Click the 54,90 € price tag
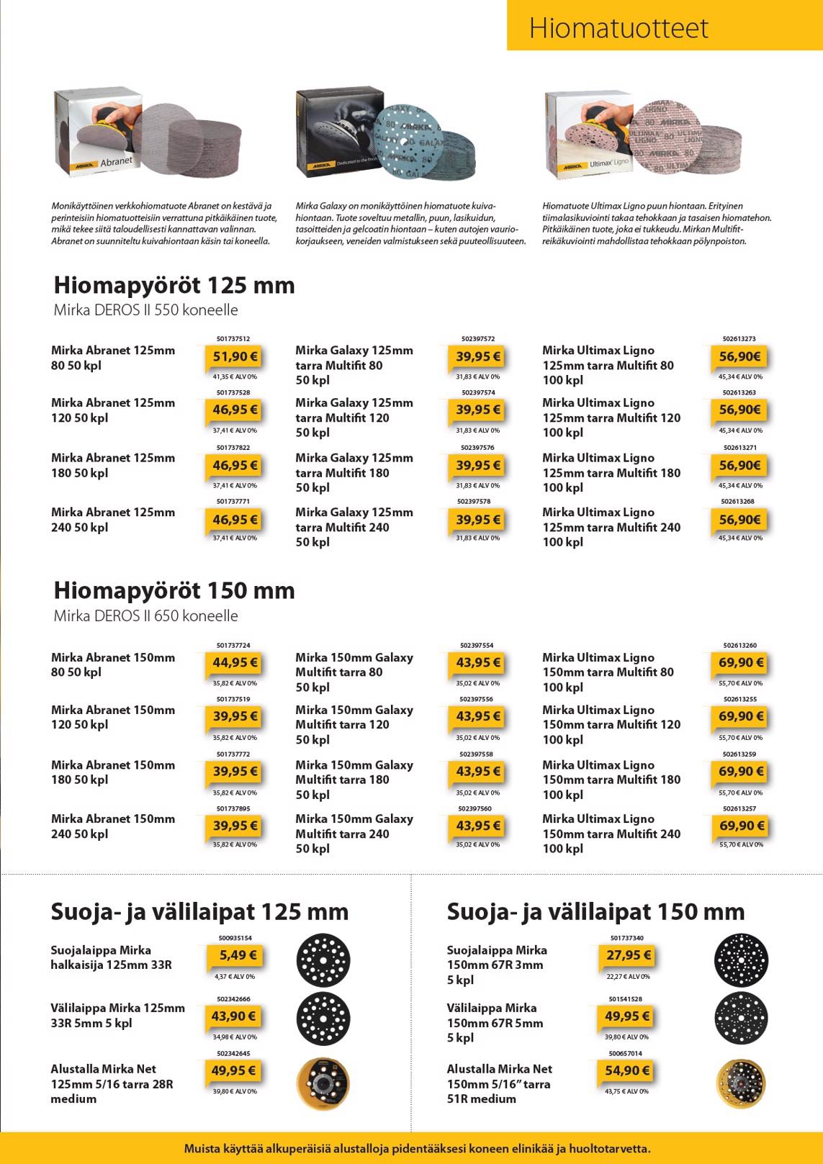tap(626, 1070)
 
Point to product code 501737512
tap(233, 338)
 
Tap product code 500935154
tap(235, 938)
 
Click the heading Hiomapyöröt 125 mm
tap(174, 285)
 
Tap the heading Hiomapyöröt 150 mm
tap(174, 591)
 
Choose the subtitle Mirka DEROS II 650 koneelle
tap(145, 616)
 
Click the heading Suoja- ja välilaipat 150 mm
tap(595, 912)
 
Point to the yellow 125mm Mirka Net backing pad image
tap(323, 1084)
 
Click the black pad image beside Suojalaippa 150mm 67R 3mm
tap(741, 960)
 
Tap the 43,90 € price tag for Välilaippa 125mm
tap(233, 1016)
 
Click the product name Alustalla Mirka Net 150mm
tap(499, 1084)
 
